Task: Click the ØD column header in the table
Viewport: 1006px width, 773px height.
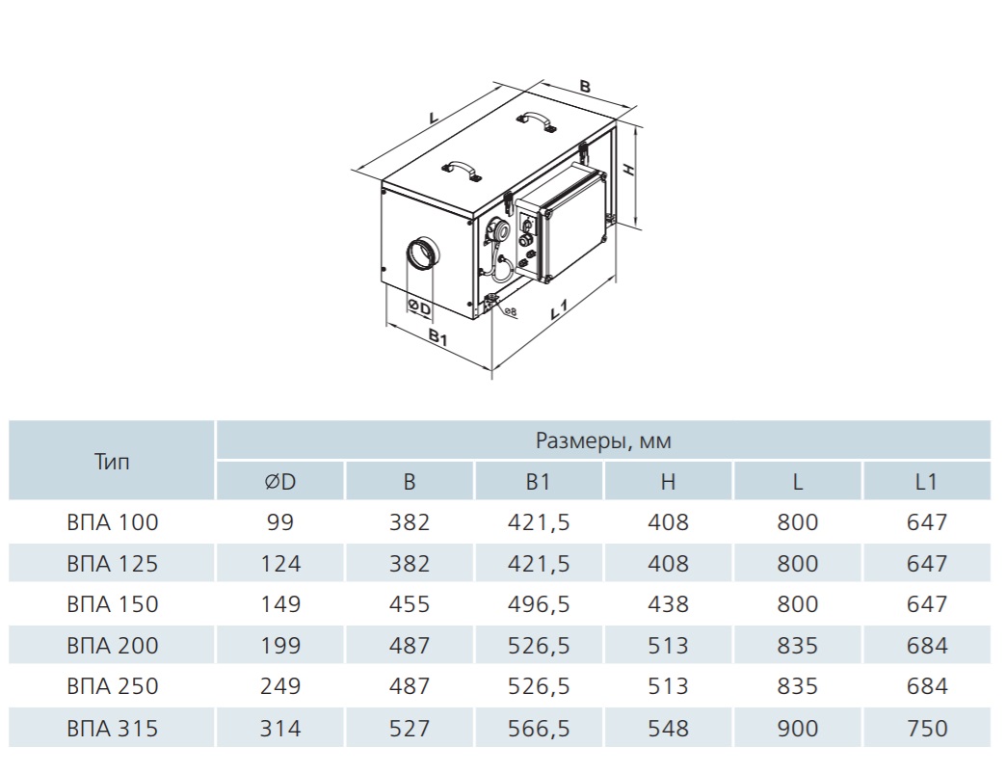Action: coord(280,481)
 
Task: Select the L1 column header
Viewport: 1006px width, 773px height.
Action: coord(926,481)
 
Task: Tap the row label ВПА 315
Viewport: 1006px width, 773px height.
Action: coord(113,728)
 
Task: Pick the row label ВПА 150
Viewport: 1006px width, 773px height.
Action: coord(113,603)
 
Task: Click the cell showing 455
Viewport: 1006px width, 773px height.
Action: coord(410,603)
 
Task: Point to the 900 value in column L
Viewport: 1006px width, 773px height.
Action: coord(798,728)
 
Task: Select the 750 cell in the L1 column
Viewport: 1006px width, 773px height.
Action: coord(926,728)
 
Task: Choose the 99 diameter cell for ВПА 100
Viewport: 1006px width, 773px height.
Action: coord(280,522)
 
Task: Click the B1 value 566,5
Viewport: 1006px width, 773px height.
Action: coord(539,728)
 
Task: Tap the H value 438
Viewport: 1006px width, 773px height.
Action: coord(668,603)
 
